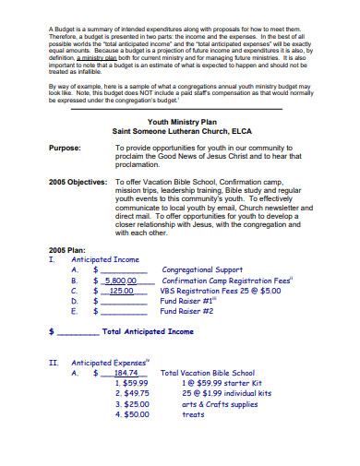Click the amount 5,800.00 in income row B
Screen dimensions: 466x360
coord(121,281)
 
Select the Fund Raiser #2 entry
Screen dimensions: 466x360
coord(186,311)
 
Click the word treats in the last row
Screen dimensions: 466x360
coord(193,414)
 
